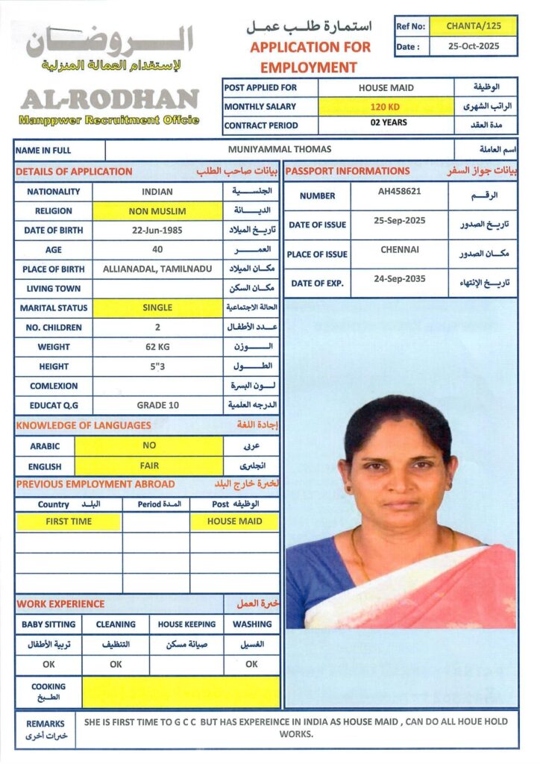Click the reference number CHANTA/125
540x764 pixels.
click(474, 26)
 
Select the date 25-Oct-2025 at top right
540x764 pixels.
click(474, 46)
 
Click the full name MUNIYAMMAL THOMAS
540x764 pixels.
click(280, 149)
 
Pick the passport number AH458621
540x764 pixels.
click(400, 191)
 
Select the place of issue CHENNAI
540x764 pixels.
click(400, 249)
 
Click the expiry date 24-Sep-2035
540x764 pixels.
click(400, 278)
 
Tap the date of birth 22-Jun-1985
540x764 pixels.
click(157, 231)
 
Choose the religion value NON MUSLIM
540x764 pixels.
click(157, 211)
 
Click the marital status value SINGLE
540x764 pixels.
click(157, 307)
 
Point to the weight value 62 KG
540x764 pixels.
click(157, 347)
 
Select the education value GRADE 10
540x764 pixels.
click(157, 405)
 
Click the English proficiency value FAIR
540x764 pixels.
click(149, 466)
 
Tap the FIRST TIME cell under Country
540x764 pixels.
click(69, 522)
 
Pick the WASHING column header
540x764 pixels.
click(252, 624)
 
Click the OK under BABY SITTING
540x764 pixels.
click(48, 664)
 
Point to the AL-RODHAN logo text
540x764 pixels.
click(109, 99)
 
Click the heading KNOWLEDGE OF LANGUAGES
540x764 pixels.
click(84, 425)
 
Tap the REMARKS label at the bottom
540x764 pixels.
click(45, 724)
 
